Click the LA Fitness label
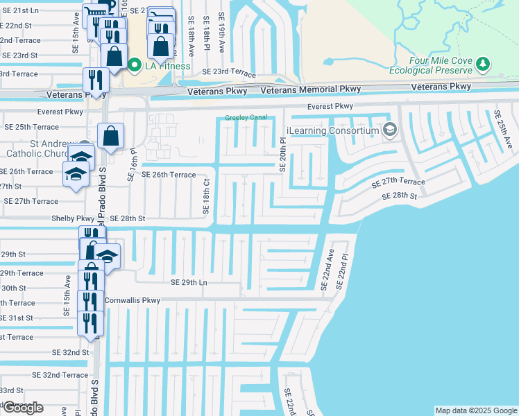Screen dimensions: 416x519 tap(167, 67)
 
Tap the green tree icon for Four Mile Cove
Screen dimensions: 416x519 tap(484, 64)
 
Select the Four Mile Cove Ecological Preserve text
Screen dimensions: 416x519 tap(441, 65)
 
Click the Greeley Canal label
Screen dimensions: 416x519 tap(246, 118)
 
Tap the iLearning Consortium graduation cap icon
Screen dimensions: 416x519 tap(390, 130)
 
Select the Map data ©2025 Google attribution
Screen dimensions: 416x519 tap(475, 410)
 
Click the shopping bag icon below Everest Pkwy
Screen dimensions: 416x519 tap(110, 136)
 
